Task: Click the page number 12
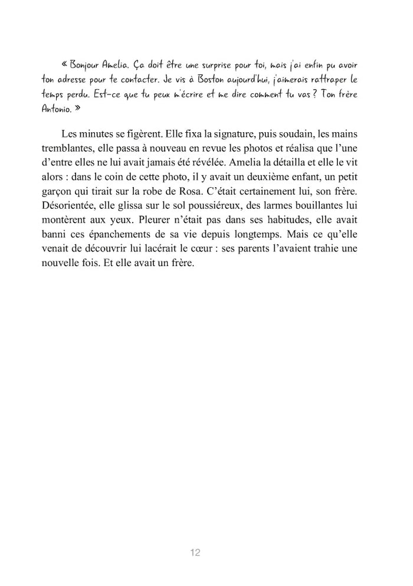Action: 196,552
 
